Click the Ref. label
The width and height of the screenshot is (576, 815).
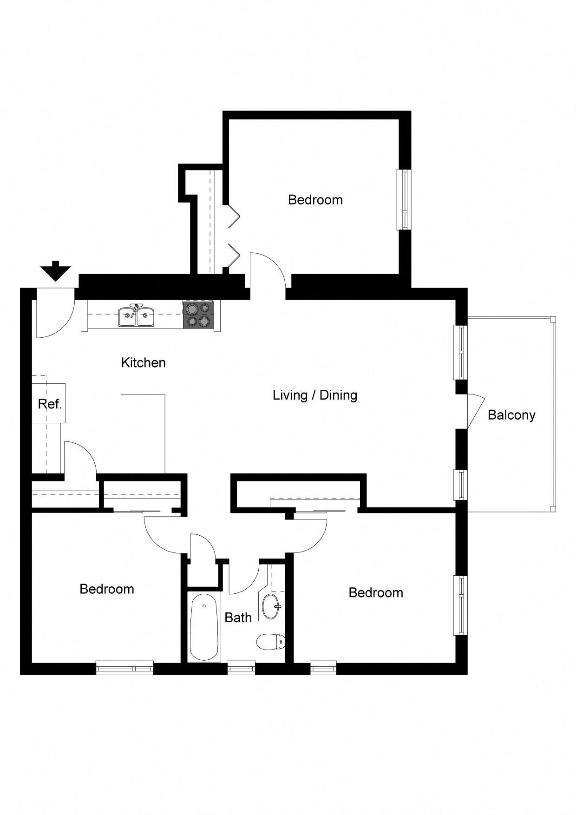click(x=50, y=404)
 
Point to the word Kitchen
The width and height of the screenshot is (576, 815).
click(x=143, y=362)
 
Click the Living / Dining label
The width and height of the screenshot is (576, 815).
click(x=314, y=395)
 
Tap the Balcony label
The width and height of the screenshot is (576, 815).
click(x=511, y=414)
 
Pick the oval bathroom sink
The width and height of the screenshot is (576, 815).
click(x=271, y=606)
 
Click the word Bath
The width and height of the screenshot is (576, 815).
click(x=238, y=618)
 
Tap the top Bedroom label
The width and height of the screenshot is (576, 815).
click(x=315, y=200)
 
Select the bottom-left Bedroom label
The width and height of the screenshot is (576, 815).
click(x=106, y=589)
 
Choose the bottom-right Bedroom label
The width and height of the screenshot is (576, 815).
click(x=375, y=592)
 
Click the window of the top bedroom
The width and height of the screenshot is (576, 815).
click(x=404, y=199)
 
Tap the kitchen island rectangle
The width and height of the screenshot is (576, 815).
click(x=143, y=434)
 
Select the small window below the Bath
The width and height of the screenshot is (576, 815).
click(x=241, y=668)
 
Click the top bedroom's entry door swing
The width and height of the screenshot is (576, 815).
click(x=266, y=272)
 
